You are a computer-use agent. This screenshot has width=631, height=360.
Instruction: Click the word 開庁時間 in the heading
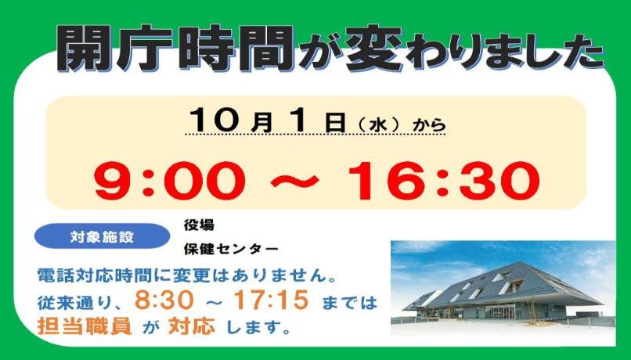pyautogui.click(x=175, y=49)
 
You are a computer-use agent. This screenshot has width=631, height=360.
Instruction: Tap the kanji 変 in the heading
pyautogui.click(x=374, y=49)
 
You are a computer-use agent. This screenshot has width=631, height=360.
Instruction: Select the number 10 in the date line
pyautogui.click(x=217, y=119)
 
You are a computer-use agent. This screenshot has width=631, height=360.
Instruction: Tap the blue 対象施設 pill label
pyautogui.click(x=103, y=236)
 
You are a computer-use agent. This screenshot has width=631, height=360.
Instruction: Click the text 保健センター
pyautogui.click(x=231, y=249)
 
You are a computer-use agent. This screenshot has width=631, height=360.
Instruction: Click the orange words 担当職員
pyautogui.click(x=85, y=326)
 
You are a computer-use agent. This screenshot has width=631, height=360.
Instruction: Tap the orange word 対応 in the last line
pyautogui.click(x=192, y=326)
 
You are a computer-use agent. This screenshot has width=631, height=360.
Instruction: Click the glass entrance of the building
pyautogui.click(x=499, y=311)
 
